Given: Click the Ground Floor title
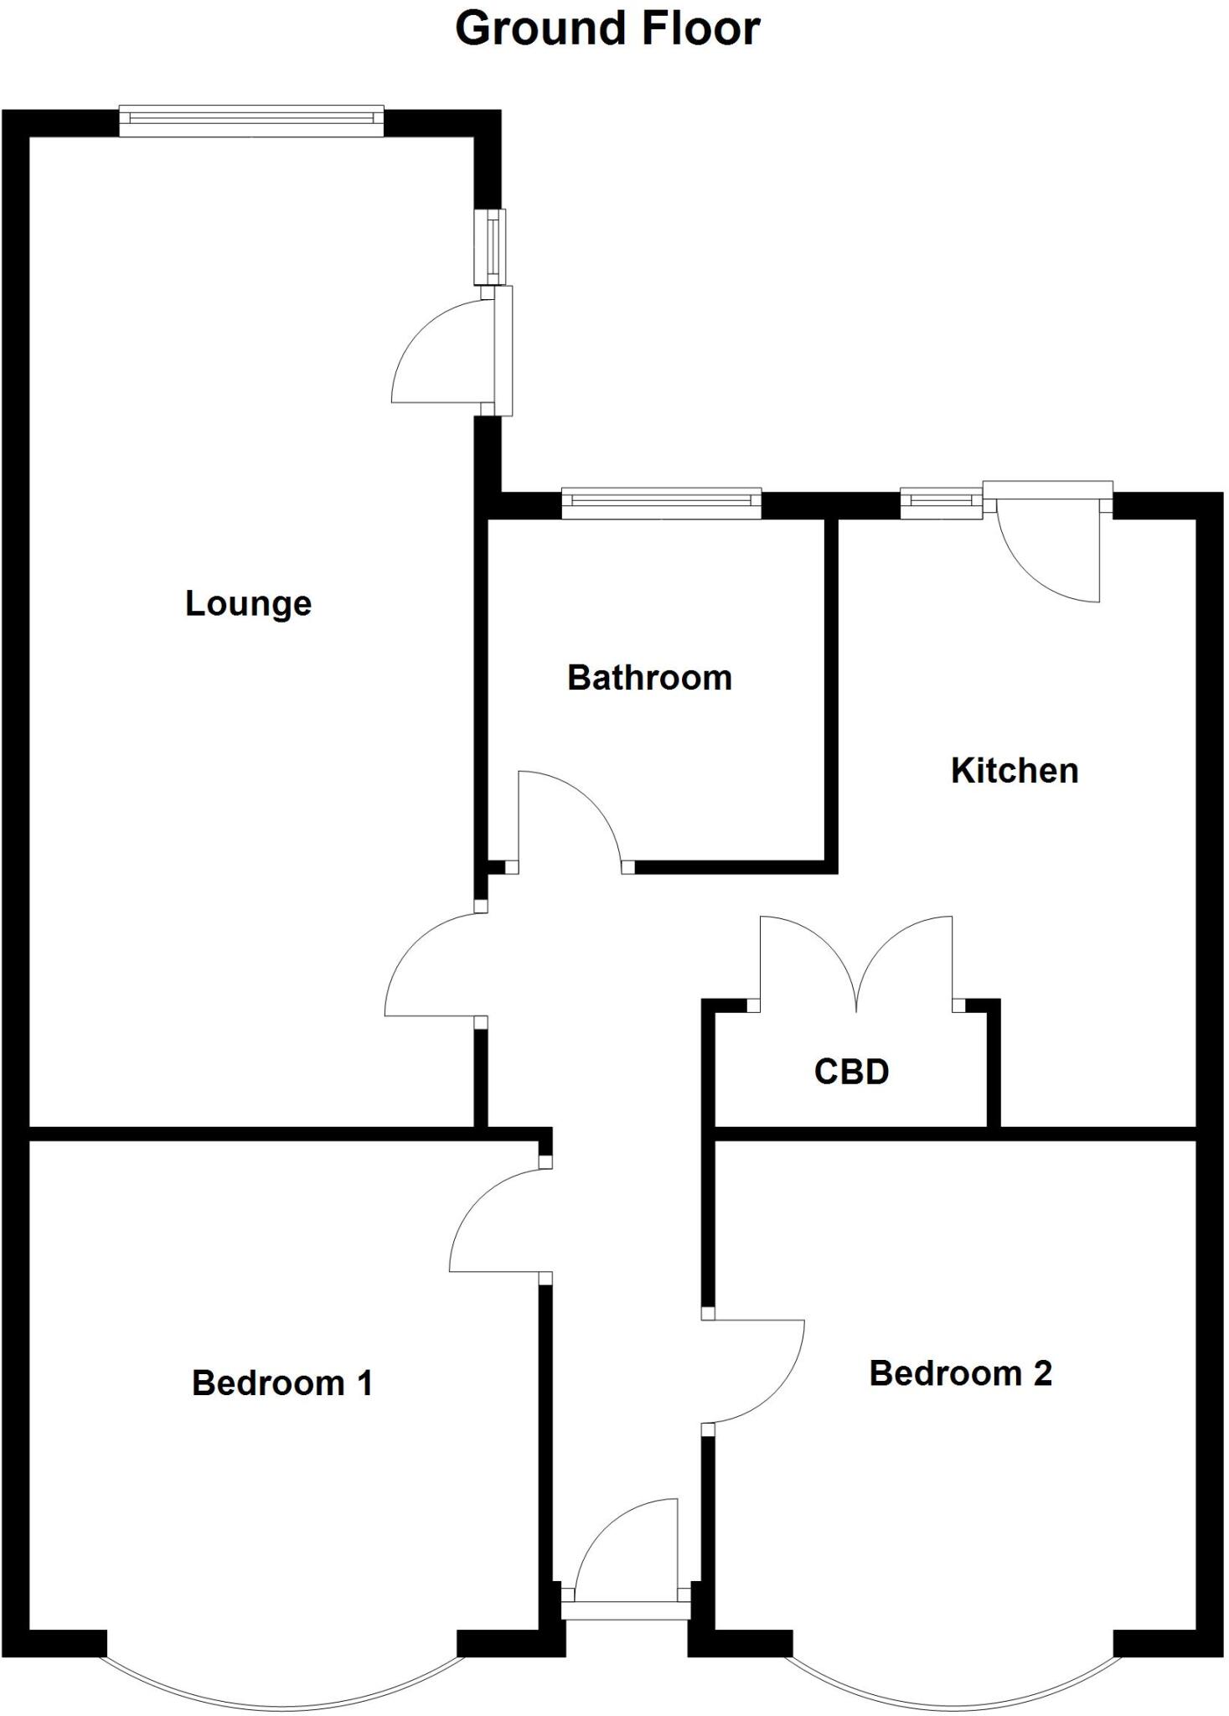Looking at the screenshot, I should tap(607, 28).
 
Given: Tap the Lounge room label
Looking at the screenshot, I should tap(248, 604).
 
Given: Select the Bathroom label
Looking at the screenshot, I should tap(649, 678).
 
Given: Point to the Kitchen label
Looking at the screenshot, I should tap(1014, 771).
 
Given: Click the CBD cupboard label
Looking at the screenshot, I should tap(851, 1072).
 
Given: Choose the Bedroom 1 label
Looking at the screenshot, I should tap(282, 1383).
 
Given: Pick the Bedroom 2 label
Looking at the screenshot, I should tap(960, 1373).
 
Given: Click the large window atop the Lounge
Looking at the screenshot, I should tap(251, 121).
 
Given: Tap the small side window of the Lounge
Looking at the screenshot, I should tap(492, 246).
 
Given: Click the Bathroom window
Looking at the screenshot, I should tap(661, 503).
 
